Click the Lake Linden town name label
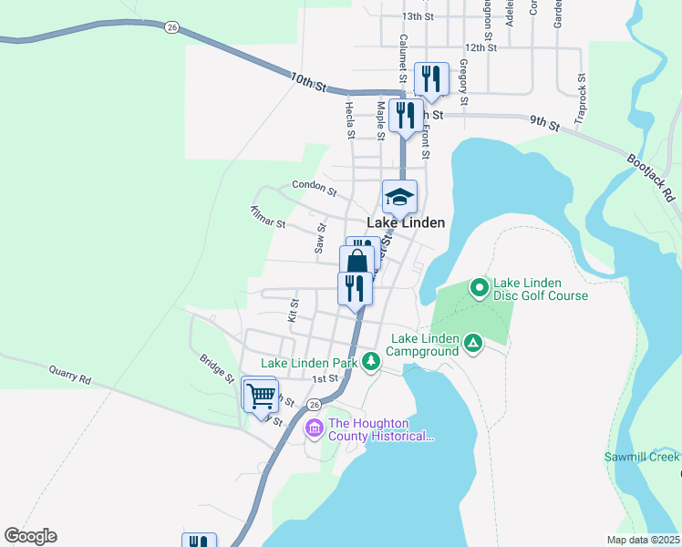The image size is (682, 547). [x=406, y=222]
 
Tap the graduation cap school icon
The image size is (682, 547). [x=398, y=196]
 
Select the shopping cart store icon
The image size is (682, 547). [x=262, y=397]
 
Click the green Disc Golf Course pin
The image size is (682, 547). [x=480, y=288]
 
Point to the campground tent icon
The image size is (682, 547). [x=472, y=343]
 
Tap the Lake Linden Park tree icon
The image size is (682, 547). [x=370, y=362]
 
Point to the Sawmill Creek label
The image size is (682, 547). [x=642, y=456]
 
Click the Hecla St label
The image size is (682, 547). [x=349, y=119]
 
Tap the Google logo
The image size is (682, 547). [x=30, y=536]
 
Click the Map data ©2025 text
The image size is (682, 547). [x=643, y=540]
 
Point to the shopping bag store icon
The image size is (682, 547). [x=356, y=261]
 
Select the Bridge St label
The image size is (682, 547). [x=217, y=366]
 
